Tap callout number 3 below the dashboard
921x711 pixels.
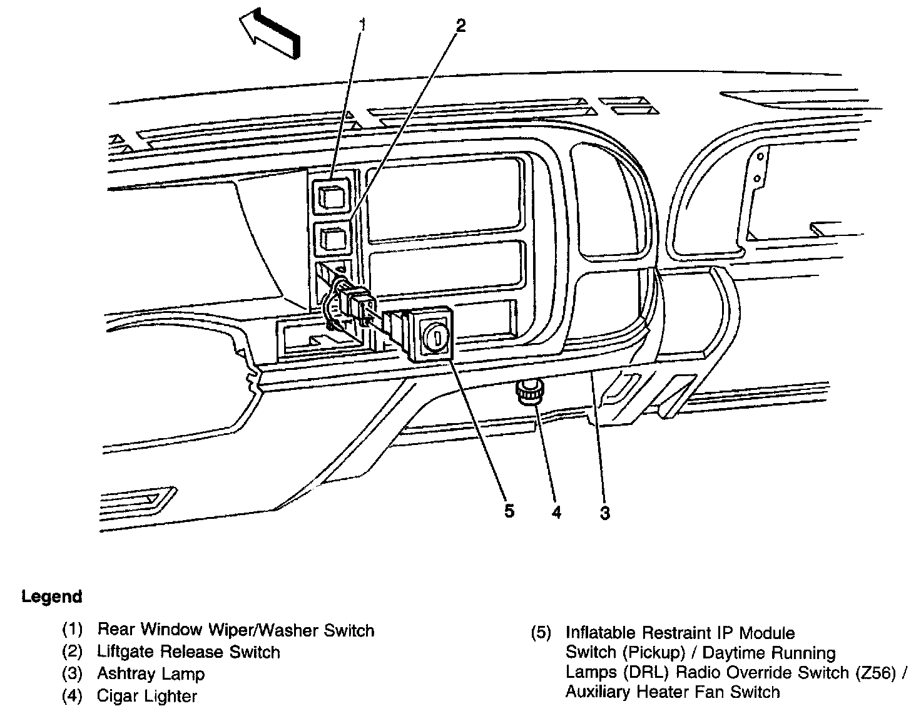click(604, 513)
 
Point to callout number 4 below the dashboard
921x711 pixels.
click(556, 513)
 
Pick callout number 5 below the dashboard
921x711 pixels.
click(509, 511)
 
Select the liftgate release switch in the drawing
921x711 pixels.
click(332, 238)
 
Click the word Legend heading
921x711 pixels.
click(52, 596)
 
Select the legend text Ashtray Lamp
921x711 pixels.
click(151, 674)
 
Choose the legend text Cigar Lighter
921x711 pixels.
click(147, 696)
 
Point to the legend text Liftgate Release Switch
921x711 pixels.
click(188, 652)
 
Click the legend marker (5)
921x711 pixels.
click(542, 633)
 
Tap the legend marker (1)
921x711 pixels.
click(73, 630)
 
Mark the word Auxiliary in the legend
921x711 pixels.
click(599, 692)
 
